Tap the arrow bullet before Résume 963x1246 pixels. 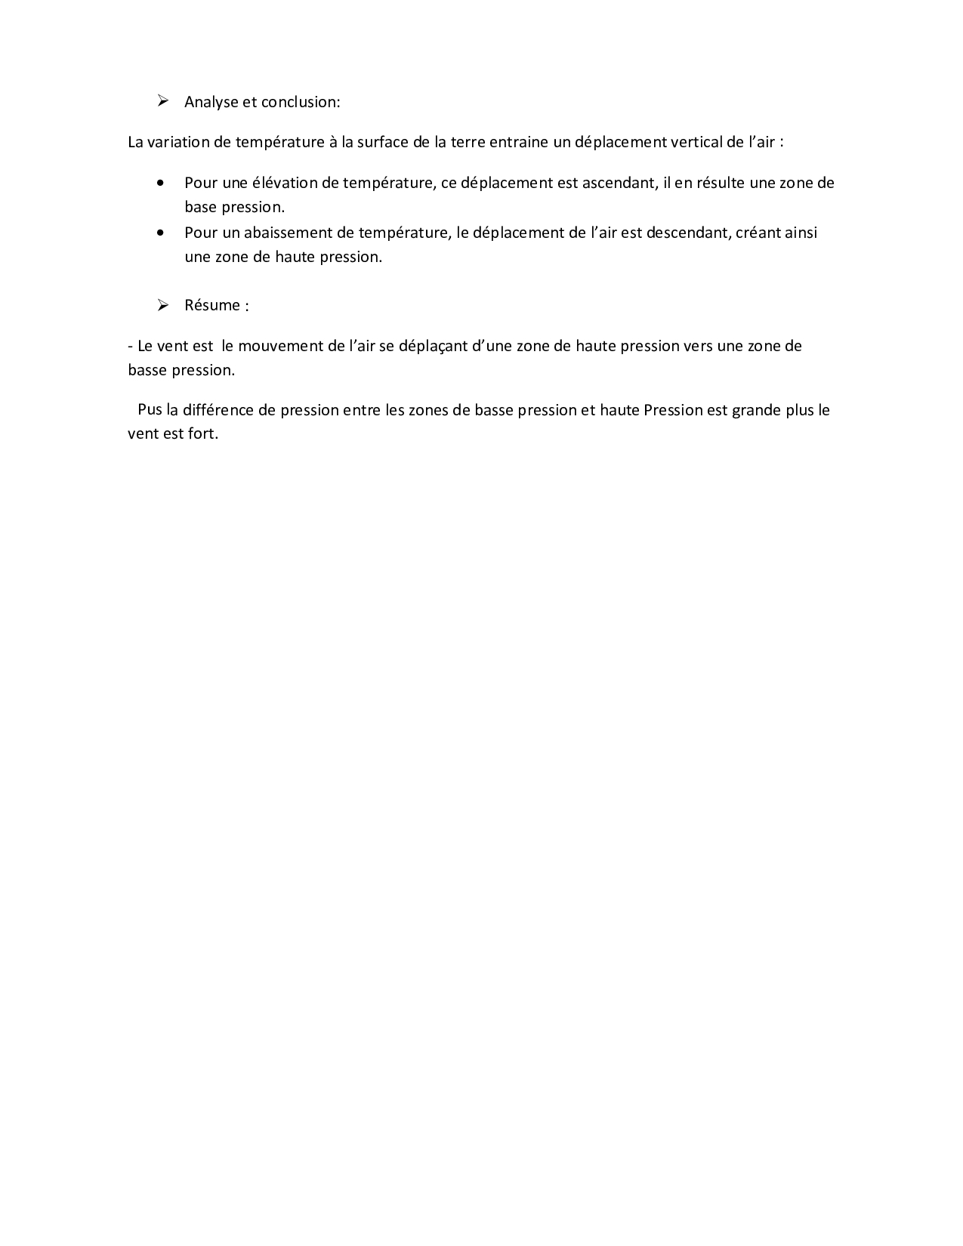pyautogui.click(x=162, y=305)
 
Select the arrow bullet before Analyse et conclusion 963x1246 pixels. pyautogui.click(x=162, y=101)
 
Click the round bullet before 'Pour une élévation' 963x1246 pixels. pyautogui.click(x=161, y=183)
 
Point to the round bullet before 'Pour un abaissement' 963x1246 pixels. pyautogui.click(x=161, y=233)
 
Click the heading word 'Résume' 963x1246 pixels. pyautogui.click(x=212, y=305)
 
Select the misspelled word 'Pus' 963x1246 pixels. pyautogui.click(x=150, y=410)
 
